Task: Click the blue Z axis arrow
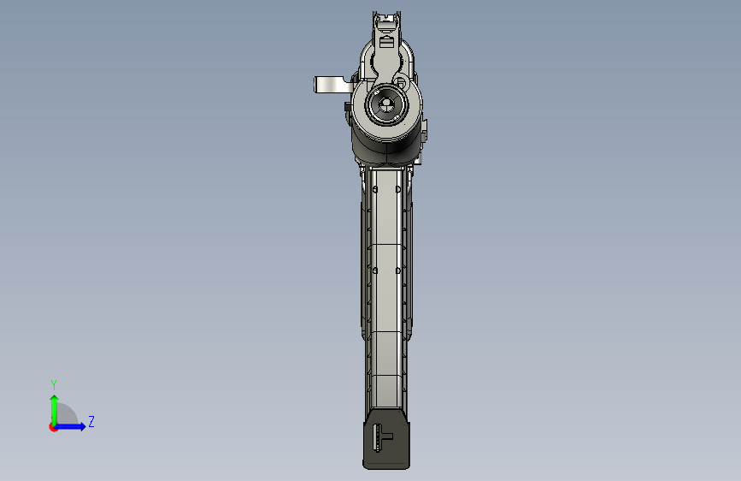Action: (70, 426)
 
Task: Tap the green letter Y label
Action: (54, 384)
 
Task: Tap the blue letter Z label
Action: (91, 421)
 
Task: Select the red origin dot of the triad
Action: (52, 427)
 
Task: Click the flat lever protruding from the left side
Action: (333, 85)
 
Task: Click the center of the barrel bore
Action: (386, 104)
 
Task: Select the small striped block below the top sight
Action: (386, 42)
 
